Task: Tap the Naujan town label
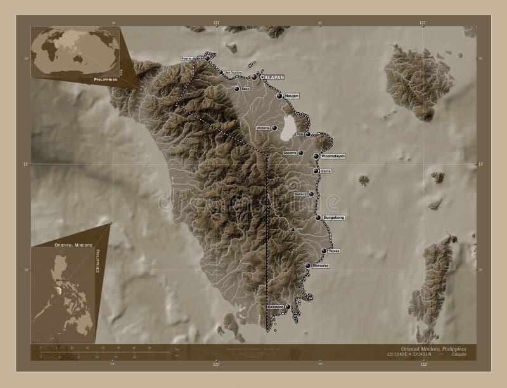[292, 96]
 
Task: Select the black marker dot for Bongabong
[318, 217]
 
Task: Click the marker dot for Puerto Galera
[207, 58]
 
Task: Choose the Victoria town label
[263, 128]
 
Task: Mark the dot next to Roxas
[323, 250]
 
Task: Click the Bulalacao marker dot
[288, 306]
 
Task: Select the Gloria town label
[326, 171]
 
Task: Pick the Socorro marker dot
[301, 153]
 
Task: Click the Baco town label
[246, 89]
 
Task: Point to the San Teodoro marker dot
[221, 72]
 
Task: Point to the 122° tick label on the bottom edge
[423, 365]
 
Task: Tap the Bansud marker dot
[311, 193]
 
